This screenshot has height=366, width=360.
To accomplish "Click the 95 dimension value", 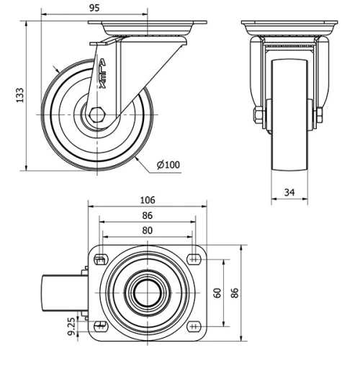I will [x=94, y=9].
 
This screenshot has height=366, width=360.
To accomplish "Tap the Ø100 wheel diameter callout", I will [x=168, y=165].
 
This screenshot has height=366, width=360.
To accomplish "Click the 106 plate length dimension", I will [x=147, y=201].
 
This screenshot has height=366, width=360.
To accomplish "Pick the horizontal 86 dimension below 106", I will [x=147, y=215].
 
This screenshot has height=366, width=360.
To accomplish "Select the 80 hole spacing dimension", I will [x=147, y=230].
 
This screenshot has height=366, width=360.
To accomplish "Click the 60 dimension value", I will [x=217, y=293].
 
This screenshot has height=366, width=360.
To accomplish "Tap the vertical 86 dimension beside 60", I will [x=234, y=293].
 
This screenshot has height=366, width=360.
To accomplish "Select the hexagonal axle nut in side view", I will [x=98, y=114].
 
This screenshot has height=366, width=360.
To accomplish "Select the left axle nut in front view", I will [x=257, y=115].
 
